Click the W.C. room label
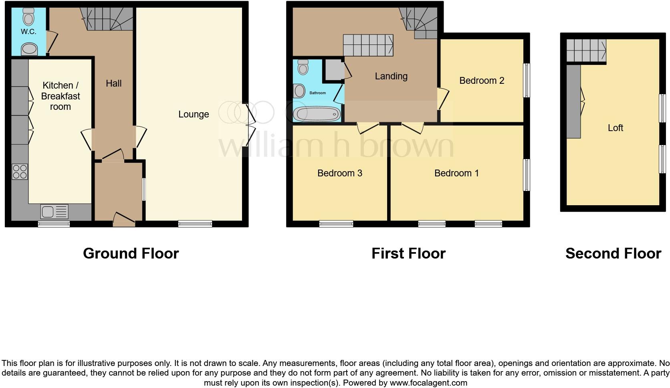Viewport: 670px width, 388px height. [29, 32]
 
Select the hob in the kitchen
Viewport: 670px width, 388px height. [20, 172]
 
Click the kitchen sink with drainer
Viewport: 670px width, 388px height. [54, 211]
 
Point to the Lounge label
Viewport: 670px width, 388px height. [194, 115]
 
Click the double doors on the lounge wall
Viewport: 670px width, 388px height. [250, 125]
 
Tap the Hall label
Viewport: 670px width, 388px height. [114, 83]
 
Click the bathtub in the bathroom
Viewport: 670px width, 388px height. [317, 114]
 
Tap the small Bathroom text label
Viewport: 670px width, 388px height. [317, 93]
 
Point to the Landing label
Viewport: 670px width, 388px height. [391, 76]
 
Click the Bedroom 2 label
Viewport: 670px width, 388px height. [481, 81]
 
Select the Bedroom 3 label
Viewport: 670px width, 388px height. [339, 173]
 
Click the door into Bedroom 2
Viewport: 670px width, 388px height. [442, 98]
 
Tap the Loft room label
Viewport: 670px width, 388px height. [615, 128]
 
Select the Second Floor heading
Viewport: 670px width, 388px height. [613, 253]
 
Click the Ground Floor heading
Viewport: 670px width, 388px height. [131, 253]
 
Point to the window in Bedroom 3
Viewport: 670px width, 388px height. [336, 224]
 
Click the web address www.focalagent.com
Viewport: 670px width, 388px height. [428, 383]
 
